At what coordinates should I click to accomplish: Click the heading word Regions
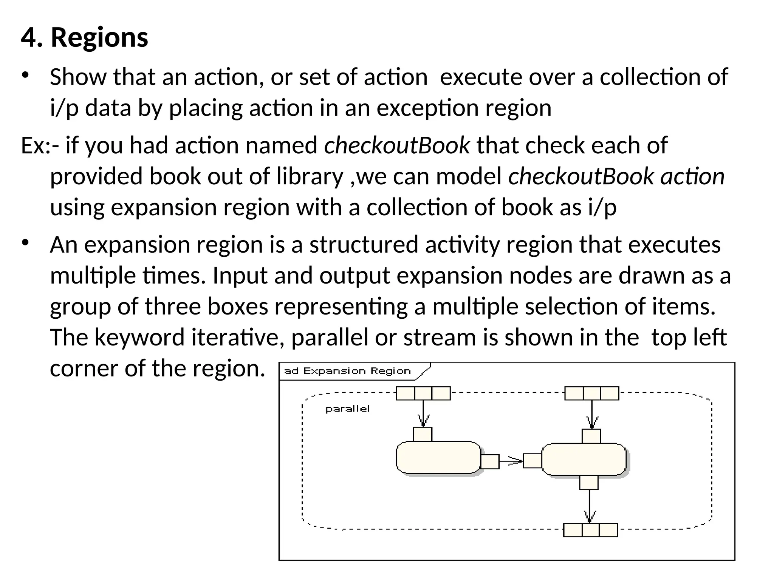[99, 38]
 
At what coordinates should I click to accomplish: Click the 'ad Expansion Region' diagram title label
[347, 371]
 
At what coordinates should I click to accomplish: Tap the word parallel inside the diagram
[347, 409]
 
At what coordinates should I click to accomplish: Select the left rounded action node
[438, 457]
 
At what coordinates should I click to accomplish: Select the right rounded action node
[584, 459]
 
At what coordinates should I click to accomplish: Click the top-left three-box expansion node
[423, 393]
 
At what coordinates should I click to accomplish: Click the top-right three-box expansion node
[591, 393]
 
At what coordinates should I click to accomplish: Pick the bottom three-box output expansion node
[590, 530]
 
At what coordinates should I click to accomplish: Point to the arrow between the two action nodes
[511, 461]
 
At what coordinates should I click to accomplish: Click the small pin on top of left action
[423, 434]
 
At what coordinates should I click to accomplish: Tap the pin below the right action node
[589, 482]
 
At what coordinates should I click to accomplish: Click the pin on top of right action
[591, 436]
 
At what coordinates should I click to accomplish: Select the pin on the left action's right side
[490, 461]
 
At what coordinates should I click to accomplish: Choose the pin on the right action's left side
[532, 461]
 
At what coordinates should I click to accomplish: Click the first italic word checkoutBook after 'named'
[397, 145]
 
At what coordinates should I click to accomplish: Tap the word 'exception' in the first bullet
[427, 108]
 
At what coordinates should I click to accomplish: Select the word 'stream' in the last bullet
[439, 337]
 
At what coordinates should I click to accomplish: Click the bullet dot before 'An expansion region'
[25, 242]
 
